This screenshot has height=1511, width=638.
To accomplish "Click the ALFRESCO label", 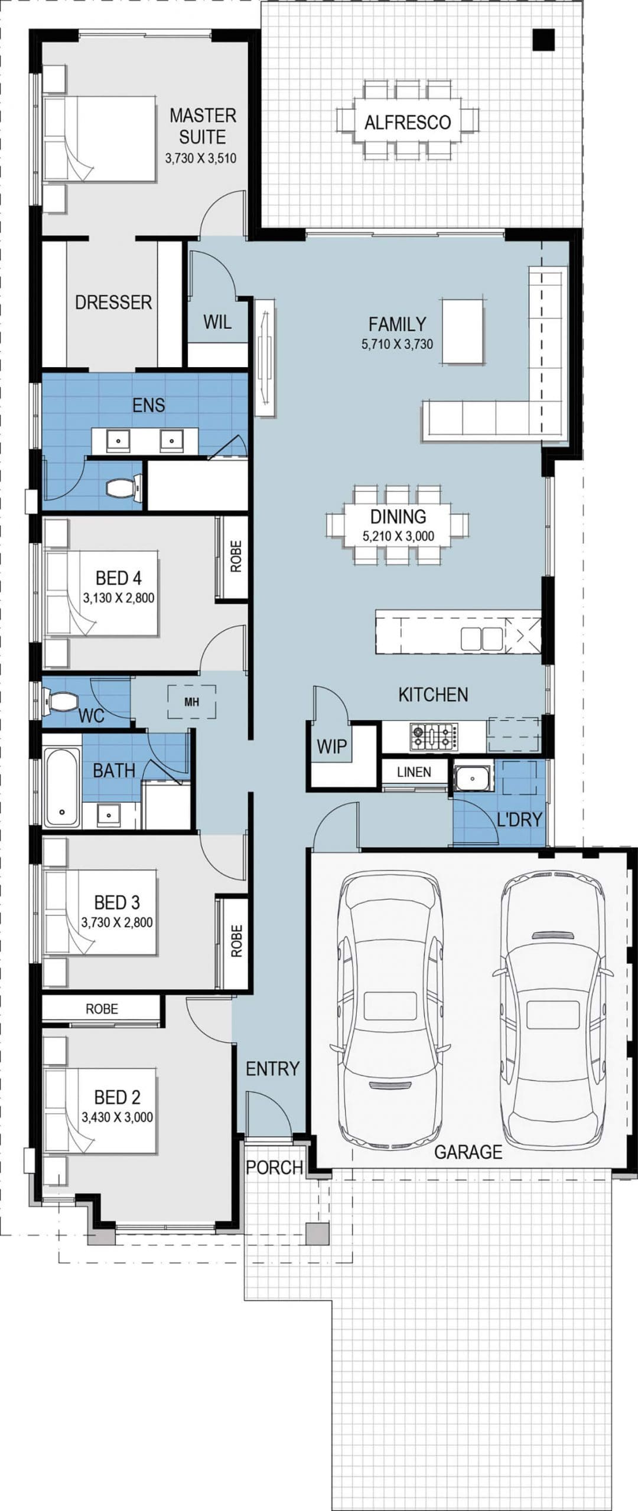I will [x=408, y=122].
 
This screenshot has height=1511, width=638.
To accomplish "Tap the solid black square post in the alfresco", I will [x=543, y=40].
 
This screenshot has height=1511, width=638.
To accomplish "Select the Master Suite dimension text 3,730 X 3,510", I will [x=201, y=158].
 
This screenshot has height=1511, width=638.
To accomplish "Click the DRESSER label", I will [x=113, y=302].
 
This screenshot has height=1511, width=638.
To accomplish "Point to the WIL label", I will [x=217, y=322].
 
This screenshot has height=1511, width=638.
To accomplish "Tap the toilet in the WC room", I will [x=62, y=701].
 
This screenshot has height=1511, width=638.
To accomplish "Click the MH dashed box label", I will [x=191, y=702].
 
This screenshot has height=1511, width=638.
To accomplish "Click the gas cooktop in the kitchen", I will [x=434, y=737].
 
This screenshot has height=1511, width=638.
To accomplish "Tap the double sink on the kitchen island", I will [x=481, y=639].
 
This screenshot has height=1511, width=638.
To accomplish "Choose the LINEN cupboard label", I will [x=414, y=772].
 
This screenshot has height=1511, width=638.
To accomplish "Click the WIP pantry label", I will [x=332, y=746].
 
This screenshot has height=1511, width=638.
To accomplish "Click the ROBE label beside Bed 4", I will [x=236, y=557].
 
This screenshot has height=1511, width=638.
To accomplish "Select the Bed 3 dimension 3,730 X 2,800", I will [x=117, y=923].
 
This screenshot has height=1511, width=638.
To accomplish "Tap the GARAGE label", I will [x=468, y=1152].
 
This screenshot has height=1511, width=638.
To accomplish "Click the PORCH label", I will [x=275, y=1167].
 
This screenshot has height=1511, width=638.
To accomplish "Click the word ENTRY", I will [x=272, y=1068].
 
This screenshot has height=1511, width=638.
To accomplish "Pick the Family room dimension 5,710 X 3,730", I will [x=397, y=344].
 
